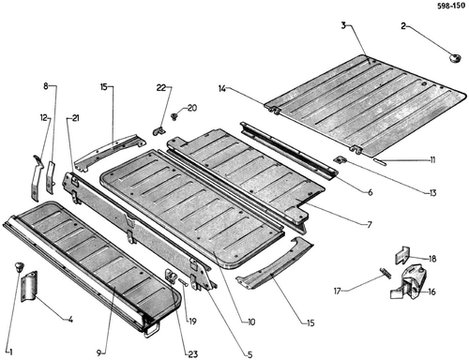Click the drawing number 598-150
pos(451,6)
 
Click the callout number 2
pos(403,26)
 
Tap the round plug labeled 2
pos(455,58)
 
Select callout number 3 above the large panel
pos(343,25)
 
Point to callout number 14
pos(222,89)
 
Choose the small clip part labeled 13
pos(340,160)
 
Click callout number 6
pos(371,192)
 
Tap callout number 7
pos(370,224)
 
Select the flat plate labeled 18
pos(402,255)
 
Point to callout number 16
pos(431,292)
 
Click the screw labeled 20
pos(173,116)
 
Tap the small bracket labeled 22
pos(159,131)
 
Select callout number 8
pos(46,86)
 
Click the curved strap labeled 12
pos(37,177)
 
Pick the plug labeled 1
pos(20,267)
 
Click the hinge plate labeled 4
pos(29,286)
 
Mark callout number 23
pos(193,354)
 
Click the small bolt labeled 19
pos(184,282)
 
